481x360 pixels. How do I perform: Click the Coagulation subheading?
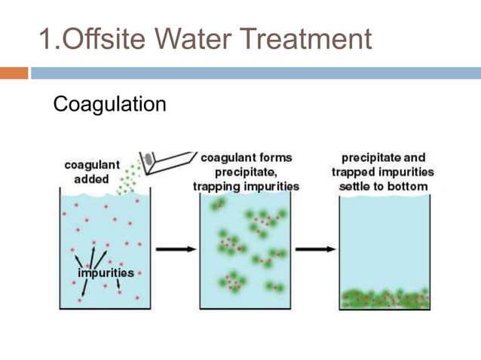point(109,104)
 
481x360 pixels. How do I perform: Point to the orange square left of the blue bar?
point(14,73)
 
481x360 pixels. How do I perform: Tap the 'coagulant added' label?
point(91,172)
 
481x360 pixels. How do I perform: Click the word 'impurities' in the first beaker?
point(106,273)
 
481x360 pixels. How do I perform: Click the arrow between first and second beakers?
point(174,249)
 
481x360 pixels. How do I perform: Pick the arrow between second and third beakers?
point(315,249)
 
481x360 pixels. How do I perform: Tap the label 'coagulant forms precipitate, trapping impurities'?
point(246,172)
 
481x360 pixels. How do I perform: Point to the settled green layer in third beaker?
point(384,299)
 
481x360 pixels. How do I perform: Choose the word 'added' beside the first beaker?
point(91,179)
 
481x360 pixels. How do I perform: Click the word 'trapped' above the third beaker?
point(353,172)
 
